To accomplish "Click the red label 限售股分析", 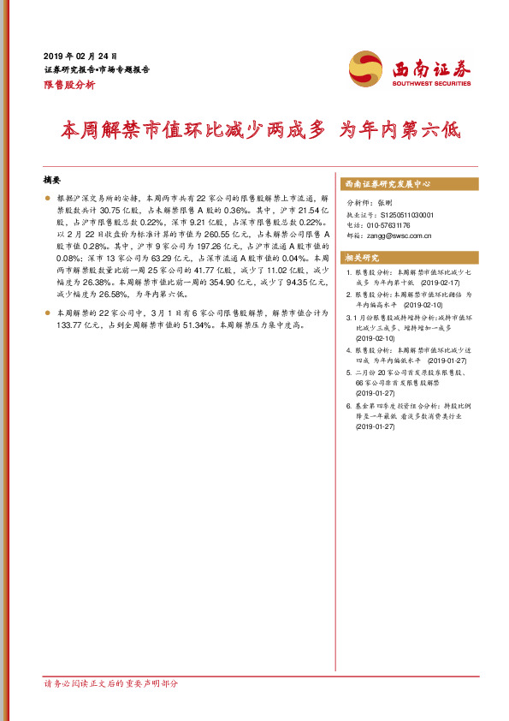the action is tap(69, 85).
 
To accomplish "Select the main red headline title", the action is tap(261, 130).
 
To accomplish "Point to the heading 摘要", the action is tap(52, 180).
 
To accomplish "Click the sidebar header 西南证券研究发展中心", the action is tap(388, 184).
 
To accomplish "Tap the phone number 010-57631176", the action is tap(394, 225).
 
